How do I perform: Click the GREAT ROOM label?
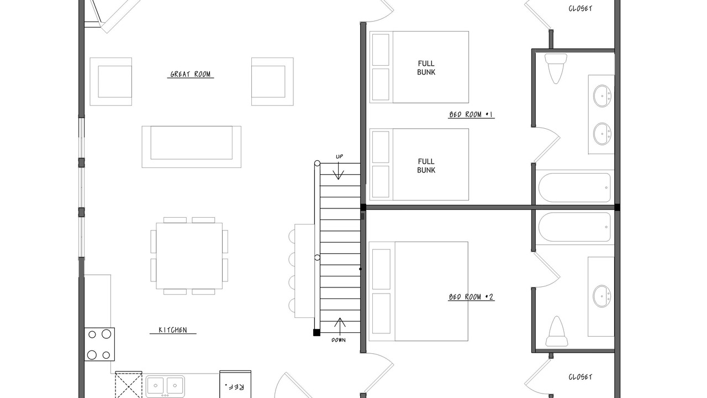191,74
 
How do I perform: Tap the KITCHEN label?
173,330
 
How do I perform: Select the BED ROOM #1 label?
471,114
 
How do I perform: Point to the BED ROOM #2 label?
471,297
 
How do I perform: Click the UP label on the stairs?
339,156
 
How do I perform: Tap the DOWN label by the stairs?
339,340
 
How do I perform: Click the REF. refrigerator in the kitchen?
235,384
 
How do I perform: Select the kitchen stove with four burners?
99,344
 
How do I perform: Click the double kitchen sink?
165,386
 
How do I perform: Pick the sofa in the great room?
191,147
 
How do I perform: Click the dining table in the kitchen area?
189,256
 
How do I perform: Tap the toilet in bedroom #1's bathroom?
556,68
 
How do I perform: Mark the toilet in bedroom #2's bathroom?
557,331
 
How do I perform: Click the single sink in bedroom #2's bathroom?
602,296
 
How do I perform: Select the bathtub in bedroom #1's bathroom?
574,187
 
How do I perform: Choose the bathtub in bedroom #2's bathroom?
574,227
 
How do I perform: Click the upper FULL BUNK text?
426,68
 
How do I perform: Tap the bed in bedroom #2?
419,291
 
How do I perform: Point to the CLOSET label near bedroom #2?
580,377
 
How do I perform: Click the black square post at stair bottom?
316,333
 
